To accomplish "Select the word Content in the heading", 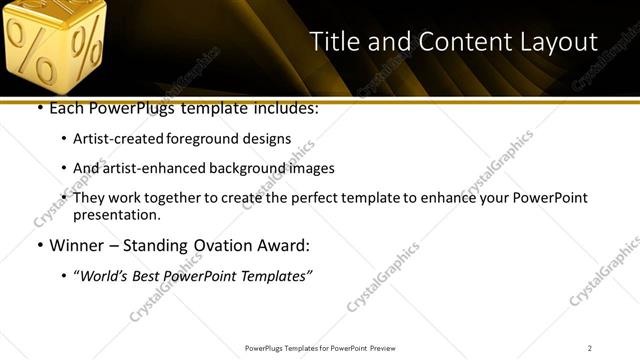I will pyautogui.click(x=450, y=42).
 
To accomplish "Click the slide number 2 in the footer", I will pyautogui.click(x=590, y=348).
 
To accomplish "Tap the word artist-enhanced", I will pyautogui.click(x=145, y=169).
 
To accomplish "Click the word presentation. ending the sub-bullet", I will pyautogui.click(x=116, y=215).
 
